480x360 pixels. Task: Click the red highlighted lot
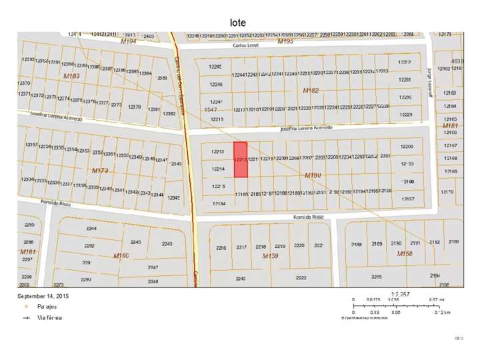(x=240, y=160)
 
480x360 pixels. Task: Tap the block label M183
(x=71, y=77)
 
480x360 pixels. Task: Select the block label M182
(x=311, y=90)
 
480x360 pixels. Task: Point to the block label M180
(x=313, y=175)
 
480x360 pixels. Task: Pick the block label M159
(x=270, y=256)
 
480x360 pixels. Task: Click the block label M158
(x=405, y=254)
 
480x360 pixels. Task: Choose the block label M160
(x=121, y=255)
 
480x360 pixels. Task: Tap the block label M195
(x=285, y=41)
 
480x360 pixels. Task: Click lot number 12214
(x=217, y=169)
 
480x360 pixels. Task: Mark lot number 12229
(x=405, y=115)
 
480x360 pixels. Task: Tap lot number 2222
(x=301, y=278)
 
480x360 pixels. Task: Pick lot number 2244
(x=91, y=229)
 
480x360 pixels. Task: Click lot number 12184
(x=217, y=203)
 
